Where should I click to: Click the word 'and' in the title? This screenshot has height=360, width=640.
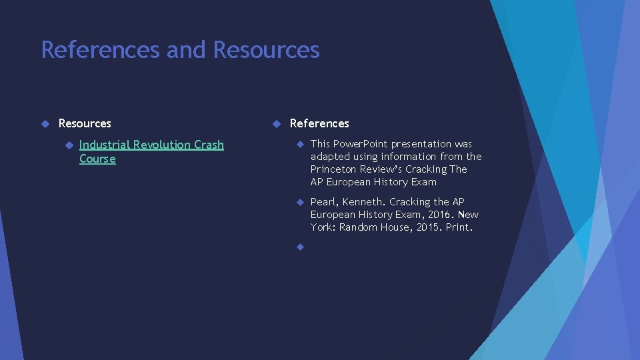click(x=187, y=50)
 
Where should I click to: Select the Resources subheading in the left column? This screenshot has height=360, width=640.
click(x=85, y=123)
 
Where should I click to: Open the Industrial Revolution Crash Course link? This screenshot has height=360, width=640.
click(x=151, y=145)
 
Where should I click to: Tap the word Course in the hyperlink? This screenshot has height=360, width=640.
click(x=97, y=159)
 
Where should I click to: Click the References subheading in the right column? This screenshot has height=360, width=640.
click(x=319, y=123)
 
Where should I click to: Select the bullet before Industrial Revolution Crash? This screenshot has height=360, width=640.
click(x=67, y=145)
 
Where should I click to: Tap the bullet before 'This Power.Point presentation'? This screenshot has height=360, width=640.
click(x=299, y=144)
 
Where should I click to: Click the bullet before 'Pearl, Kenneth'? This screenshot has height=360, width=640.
click(x=299, y=202)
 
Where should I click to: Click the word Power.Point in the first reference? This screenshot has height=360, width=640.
click(x=360, y=144)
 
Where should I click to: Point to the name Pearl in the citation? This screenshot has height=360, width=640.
click(x=323, y=202)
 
